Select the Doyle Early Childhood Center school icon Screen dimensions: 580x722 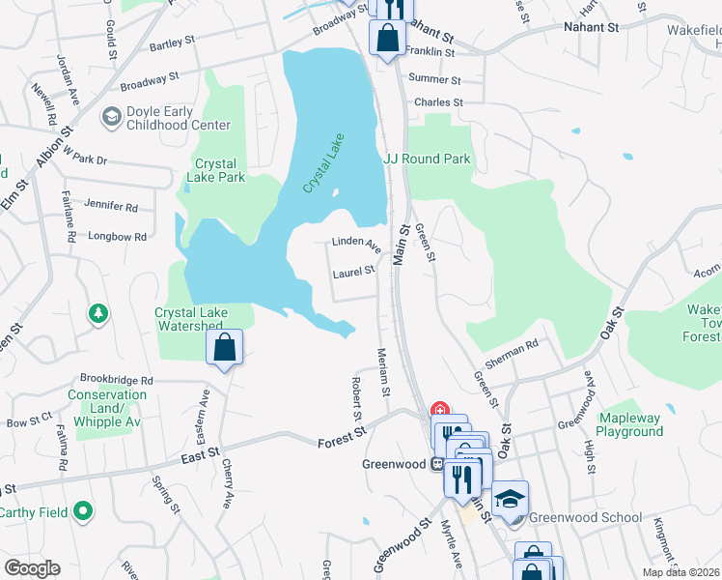point(111,116)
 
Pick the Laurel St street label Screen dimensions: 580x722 point(353,274)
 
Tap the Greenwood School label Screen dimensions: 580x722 point(585,517)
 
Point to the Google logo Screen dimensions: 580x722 point(32,568)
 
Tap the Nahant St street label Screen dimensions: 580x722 point(591,28)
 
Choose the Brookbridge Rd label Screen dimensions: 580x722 point(117,381)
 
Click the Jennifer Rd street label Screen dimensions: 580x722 point(111,207)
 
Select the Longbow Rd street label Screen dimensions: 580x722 point(116,236)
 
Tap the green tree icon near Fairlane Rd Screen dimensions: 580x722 point(97,313)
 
